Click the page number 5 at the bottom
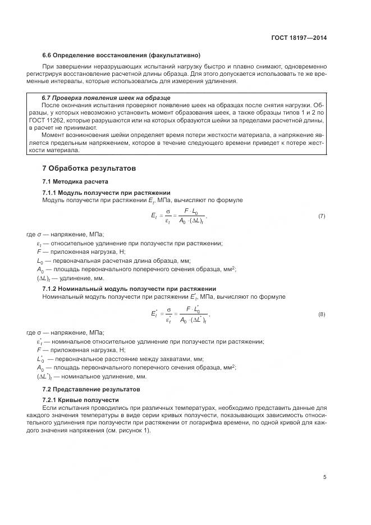coord(324,477)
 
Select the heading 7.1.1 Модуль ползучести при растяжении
coord(106,193)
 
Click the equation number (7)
coord(322,216)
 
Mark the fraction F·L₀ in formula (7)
coord(190,216)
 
